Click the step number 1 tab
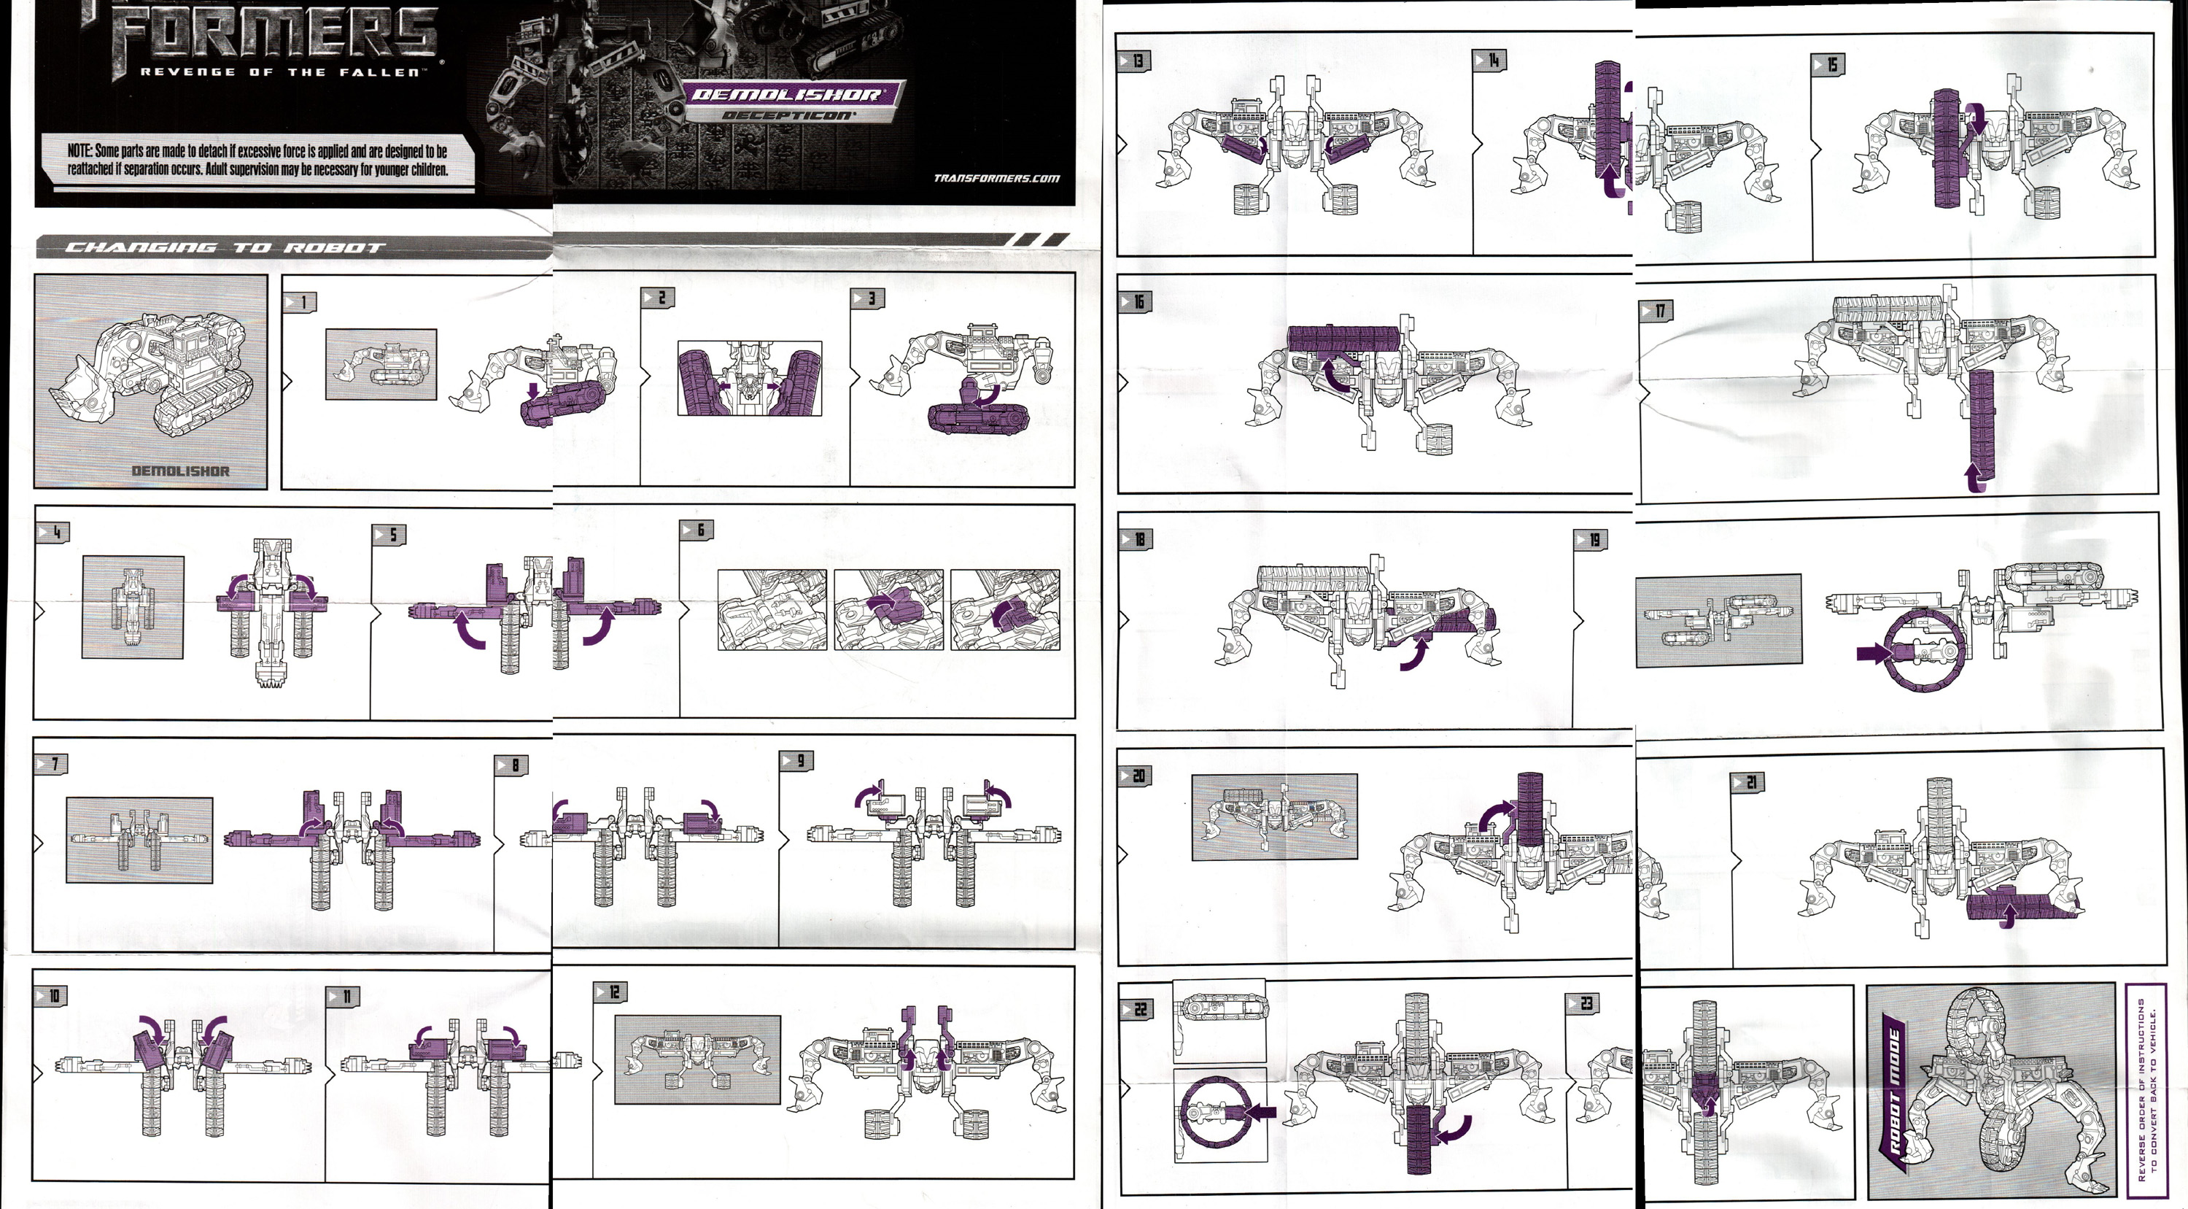299,301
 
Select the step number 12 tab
610,992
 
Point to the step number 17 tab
1656,311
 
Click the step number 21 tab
1748,782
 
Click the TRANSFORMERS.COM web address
996,179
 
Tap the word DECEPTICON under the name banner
789,115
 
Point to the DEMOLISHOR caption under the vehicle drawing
180,471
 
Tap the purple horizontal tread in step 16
1342,337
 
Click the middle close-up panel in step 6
888,609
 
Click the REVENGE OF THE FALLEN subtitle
280,72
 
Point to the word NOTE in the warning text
79,151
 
